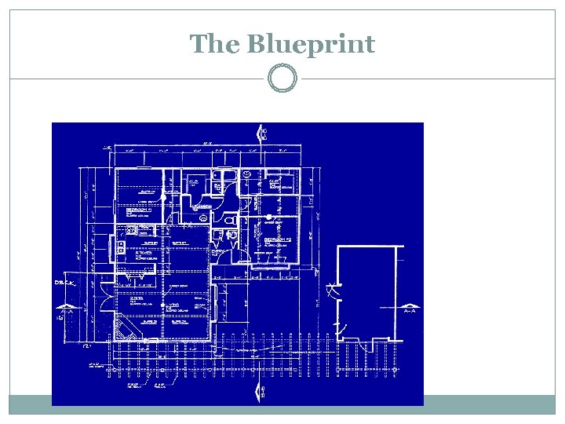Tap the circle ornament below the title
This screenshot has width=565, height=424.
[282, 79]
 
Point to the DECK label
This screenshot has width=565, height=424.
[64, 281]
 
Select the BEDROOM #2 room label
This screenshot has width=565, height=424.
[279, 239]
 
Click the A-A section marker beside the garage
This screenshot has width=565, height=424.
[410, 311]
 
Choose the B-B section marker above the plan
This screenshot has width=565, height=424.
[262, 134]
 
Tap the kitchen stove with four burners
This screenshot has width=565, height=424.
[133, 230]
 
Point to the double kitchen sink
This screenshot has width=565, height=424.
[122, 247]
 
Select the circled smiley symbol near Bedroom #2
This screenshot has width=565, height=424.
[246, 174]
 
